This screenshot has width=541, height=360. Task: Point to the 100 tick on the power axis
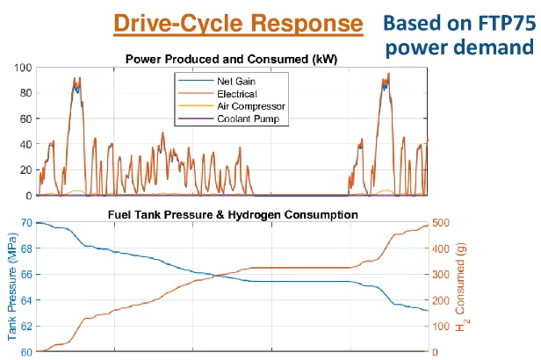[23, 68]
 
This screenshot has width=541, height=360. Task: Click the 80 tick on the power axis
[25, 93]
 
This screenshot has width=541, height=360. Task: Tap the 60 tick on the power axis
[25, 119]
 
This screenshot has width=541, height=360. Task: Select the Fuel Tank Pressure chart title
[233, 214]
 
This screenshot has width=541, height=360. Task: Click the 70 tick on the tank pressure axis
[25, 223]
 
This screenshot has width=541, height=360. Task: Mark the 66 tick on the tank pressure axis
[25, 275]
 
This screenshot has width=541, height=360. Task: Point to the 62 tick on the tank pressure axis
[25, 327]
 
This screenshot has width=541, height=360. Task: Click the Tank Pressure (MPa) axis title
[11, 287]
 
